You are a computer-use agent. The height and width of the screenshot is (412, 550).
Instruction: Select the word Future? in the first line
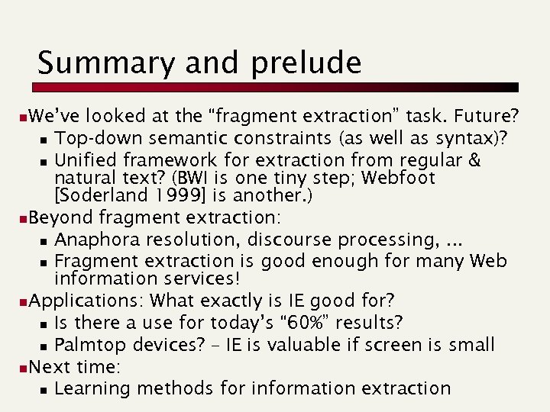(486, 117)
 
